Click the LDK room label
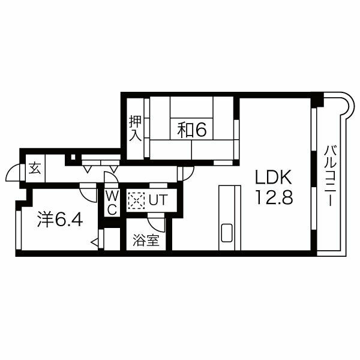pos(274,177)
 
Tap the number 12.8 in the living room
pos(274,197)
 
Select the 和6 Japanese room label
pos(192,130)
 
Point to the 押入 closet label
pos(135,128)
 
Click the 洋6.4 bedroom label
pos(60,220)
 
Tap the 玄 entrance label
pos(35,168)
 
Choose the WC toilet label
pos(112,203)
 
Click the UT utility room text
pos(158,200)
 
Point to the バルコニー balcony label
pos(331,176)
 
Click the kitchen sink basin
pos(227,232)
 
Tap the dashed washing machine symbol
pos(136,200)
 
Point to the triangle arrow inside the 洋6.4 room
pos(95,242)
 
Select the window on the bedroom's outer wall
pos(19,230)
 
